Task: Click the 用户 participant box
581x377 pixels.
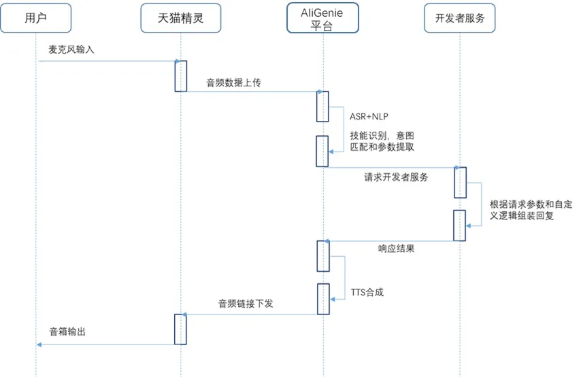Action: click(x=35, y=18)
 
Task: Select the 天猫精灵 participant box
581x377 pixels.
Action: click(x=181, y=18)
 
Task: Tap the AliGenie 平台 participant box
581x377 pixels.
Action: click(x=322, y=18)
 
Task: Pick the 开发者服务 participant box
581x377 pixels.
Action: click(x=460, y=18)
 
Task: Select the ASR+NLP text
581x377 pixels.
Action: click(x=369, y=115)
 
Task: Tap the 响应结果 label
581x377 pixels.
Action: click(x=396, y=249)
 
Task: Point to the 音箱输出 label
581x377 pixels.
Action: click(x=67, y=332)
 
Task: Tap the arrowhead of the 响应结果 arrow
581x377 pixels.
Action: click(x=327, y=241)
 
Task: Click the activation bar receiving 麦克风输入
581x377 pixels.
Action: click(x=180, y=75)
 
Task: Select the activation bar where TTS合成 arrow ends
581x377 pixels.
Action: click(x=323, y=299)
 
